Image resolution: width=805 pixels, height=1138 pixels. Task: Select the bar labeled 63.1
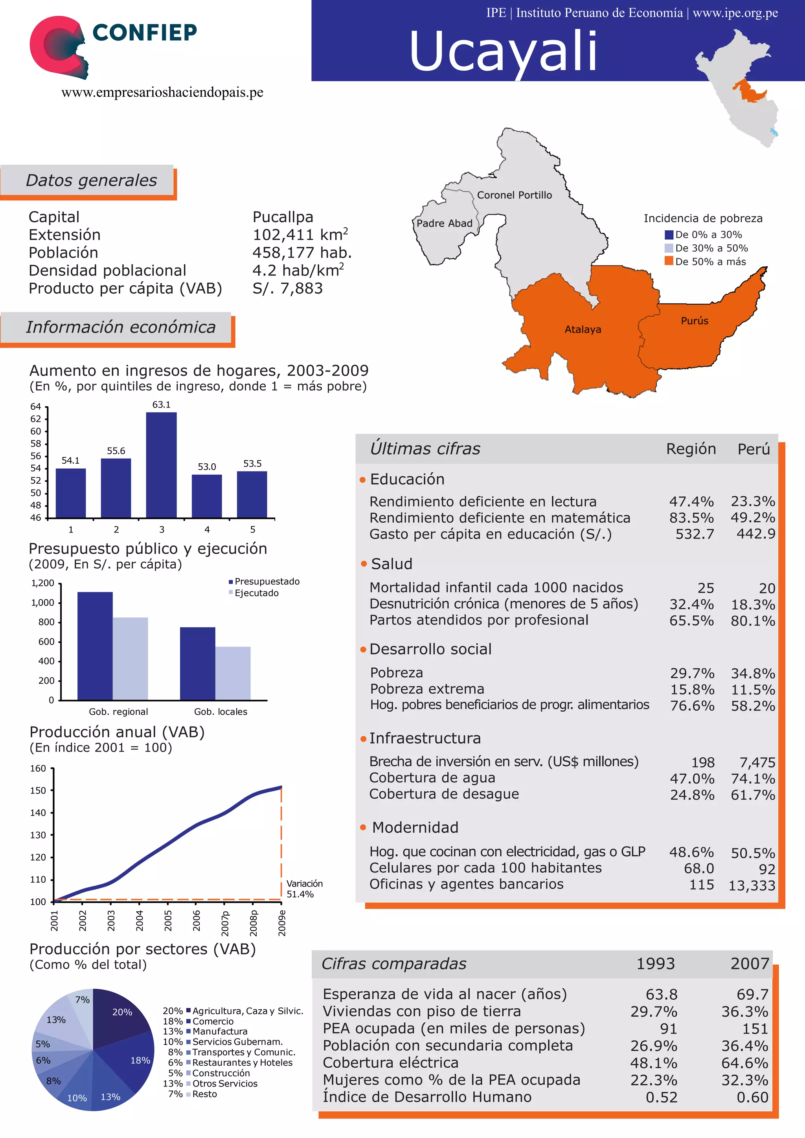point(161,465)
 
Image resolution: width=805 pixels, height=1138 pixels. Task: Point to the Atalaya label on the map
point(583,330)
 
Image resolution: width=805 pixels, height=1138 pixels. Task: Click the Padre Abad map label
point(444,224)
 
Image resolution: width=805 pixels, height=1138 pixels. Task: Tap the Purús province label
point(694,321)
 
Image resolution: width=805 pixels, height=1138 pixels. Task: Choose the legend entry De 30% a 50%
point(711,248)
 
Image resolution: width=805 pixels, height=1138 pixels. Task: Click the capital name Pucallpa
point(283,217)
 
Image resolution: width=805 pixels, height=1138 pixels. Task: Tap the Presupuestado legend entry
point(266,582)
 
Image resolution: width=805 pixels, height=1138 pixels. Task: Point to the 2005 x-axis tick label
point(168,920)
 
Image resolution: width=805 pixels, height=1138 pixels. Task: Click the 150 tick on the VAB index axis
point(38,791)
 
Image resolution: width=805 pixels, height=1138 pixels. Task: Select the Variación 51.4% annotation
point(304,889)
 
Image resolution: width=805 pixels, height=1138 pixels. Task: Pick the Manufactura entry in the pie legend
point(220,1032)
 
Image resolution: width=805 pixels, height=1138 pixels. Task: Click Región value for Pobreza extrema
point(692,690)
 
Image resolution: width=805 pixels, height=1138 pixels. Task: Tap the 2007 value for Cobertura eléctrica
point(744,1063)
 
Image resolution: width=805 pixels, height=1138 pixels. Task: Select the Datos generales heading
point(91,180)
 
